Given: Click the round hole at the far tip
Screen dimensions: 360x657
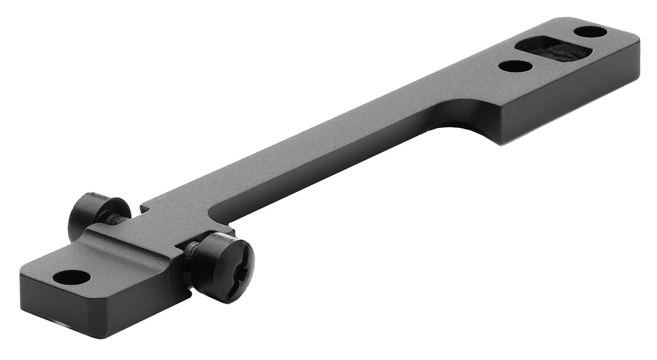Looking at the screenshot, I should coord(590,32).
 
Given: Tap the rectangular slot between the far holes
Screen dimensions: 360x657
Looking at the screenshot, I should coord(554,49).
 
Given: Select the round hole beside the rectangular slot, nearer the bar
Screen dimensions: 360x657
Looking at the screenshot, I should coord(516,67).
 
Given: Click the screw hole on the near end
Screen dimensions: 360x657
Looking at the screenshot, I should coord(71,278).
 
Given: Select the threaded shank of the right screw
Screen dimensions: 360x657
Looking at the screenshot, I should coord(191,253).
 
